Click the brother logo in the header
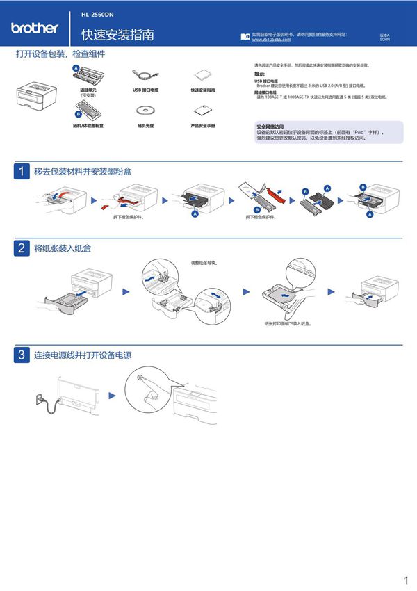34,29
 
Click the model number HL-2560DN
96,13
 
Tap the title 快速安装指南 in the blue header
117,35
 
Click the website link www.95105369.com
266,40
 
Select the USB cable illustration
146,75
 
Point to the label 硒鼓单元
88,89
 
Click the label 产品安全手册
203,126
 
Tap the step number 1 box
22,172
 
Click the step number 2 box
22,248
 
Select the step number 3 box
22,355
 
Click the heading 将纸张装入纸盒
63,248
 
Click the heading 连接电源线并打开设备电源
83,355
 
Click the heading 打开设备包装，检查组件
60,54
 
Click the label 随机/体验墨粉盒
88,126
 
